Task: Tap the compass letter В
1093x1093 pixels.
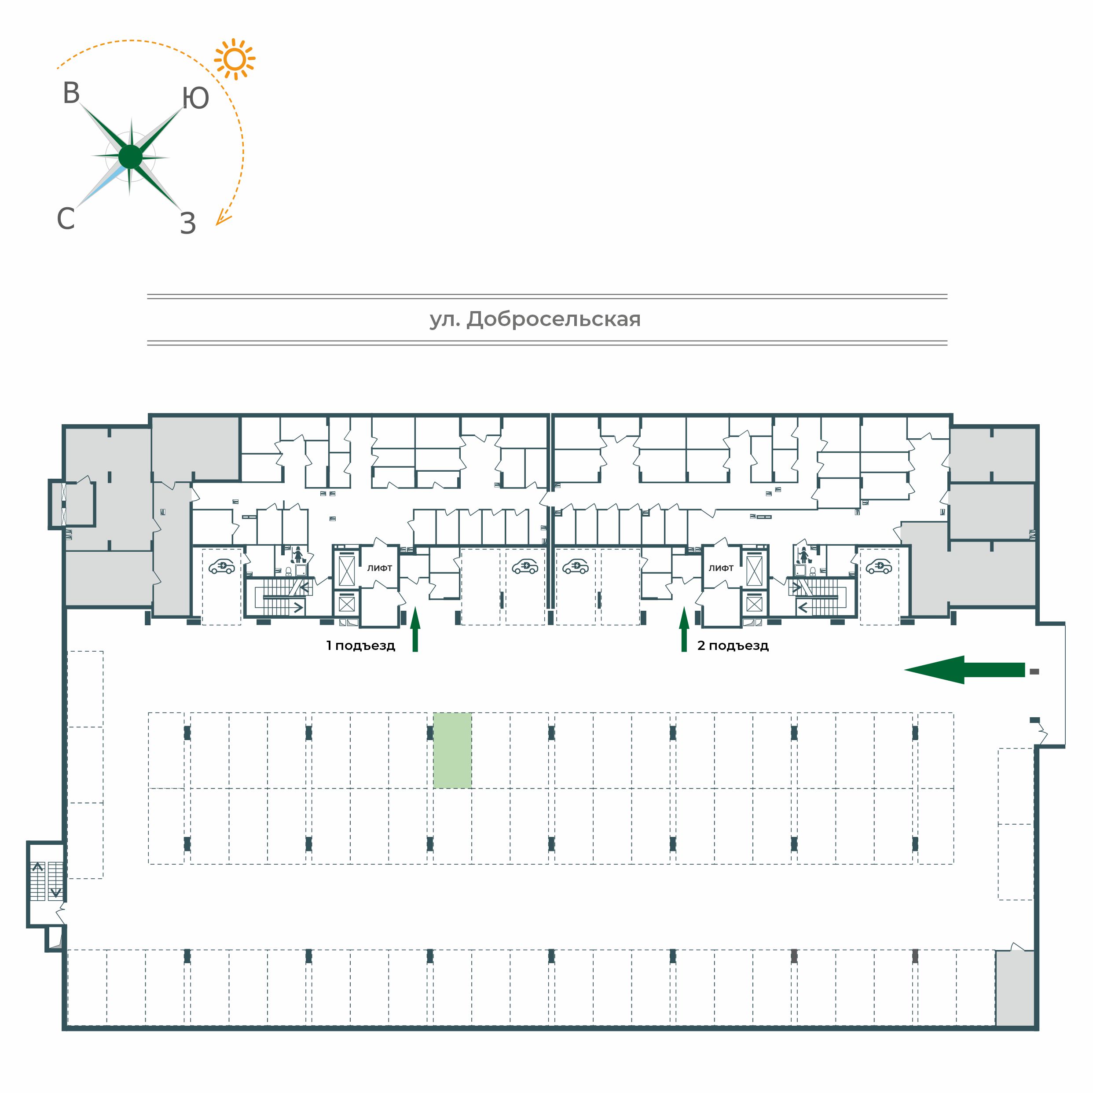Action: [71, 93]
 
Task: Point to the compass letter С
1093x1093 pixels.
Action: [66, 218]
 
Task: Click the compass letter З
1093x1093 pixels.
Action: [188, 224]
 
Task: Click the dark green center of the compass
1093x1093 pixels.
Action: [131, 157]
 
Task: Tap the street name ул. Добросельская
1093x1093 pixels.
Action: [535, 319]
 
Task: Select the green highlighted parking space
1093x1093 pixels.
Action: [452, 750]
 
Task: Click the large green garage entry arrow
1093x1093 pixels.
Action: [965, 670]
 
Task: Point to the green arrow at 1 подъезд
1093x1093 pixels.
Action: [415, 629]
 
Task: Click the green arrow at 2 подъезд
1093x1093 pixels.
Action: [684, 629]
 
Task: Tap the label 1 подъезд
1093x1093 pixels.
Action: [360, 646]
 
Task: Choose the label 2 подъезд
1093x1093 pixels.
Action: [733, 646]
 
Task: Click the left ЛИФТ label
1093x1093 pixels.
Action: [380, 568]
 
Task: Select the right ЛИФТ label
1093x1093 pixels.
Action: [721, 568]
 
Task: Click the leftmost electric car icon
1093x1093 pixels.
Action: [222, 566]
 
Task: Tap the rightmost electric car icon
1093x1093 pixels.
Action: [879, 566]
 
